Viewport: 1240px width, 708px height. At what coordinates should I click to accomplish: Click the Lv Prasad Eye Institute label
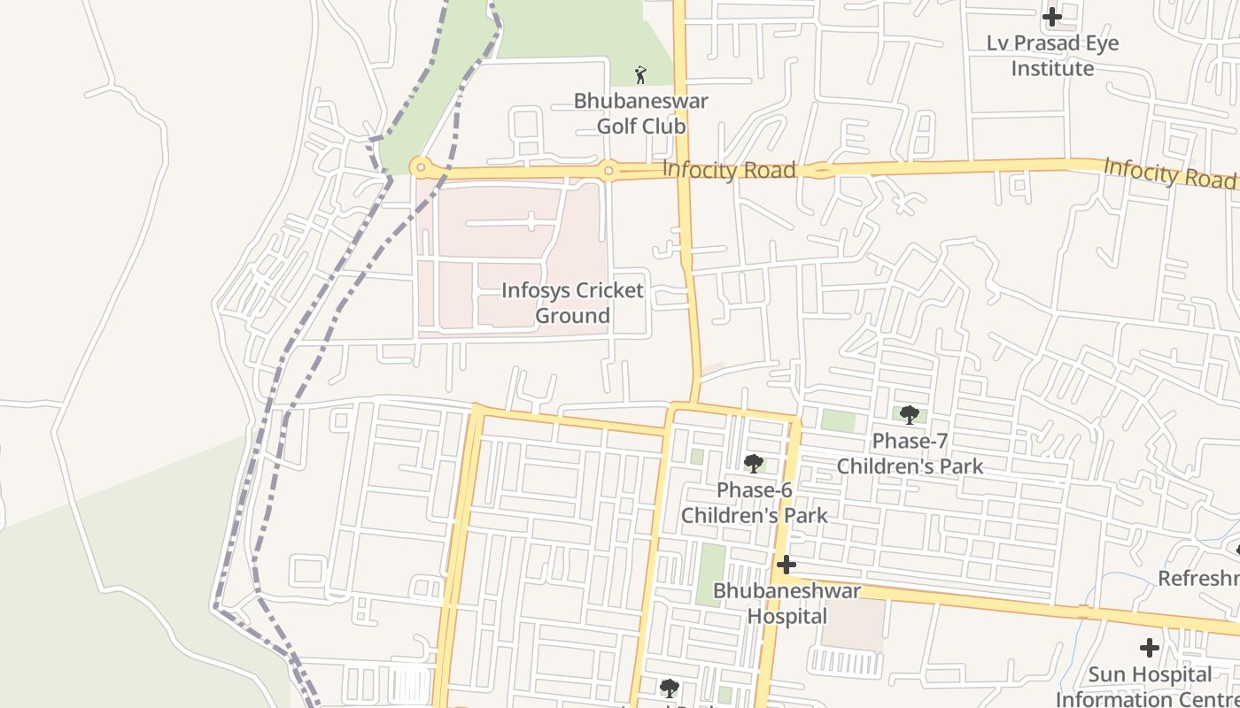1052,56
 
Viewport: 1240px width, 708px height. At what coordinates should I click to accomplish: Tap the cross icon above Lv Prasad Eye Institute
1051,16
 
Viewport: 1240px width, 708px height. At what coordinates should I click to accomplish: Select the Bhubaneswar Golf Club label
640,113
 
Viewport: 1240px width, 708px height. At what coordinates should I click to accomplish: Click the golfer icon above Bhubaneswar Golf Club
640,75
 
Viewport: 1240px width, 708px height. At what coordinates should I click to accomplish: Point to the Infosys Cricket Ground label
572,303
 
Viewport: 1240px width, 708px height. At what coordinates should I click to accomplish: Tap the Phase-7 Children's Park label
910,453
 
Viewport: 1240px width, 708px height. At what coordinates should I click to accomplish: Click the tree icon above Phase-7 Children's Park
909,414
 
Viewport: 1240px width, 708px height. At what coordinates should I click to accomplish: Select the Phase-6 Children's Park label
754,503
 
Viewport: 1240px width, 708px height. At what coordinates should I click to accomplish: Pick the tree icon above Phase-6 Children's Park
754,463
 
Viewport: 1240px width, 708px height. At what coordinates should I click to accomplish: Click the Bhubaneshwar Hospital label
787,604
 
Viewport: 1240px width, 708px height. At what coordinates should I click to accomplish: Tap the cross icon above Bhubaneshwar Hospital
786,565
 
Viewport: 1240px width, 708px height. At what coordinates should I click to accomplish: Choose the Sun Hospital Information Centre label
1148,687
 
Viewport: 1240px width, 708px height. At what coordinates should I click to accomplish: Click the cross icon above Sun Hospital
1149,648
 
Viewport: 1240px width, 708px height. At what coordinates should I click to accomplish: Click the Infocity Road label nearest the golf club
728,170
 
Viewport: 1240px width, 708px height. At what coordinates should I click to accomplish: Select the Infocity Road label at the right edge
1168,172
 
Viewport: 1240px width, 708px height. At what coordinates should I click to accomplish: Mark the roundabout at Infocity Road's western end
420,167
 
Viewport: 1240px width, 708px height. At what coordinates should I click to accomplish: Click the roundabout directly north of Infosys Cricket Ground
608,169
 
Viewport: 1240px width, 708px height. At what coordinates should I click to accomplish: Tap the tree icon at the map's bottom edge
669,688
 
